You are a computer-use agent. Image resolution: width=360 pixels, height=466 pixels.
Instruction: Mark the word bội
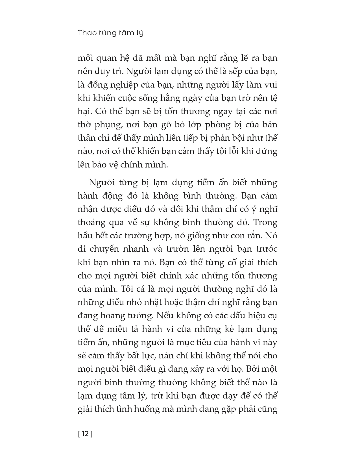pyautogui.click(x=237, y=138)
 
